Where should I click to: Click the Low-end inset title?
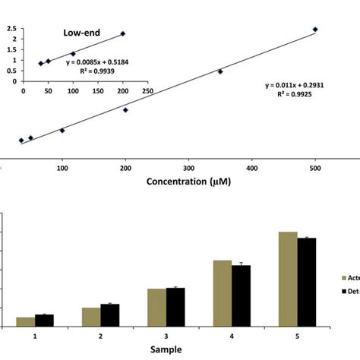pos(80,33)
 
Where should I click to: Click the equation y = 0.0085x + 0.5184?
pos(94,62)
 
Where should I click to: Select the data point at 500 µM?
pos(315,30)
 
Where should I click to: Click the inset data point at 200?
pos(123,33)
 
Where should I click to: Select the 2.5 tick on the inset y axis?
pos(11,29)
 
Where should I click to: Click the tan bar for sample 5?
pos(288,279)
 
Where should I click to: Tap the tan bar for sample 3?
pos(156,308)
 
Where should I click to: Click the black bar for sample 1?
pos(44,321)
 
